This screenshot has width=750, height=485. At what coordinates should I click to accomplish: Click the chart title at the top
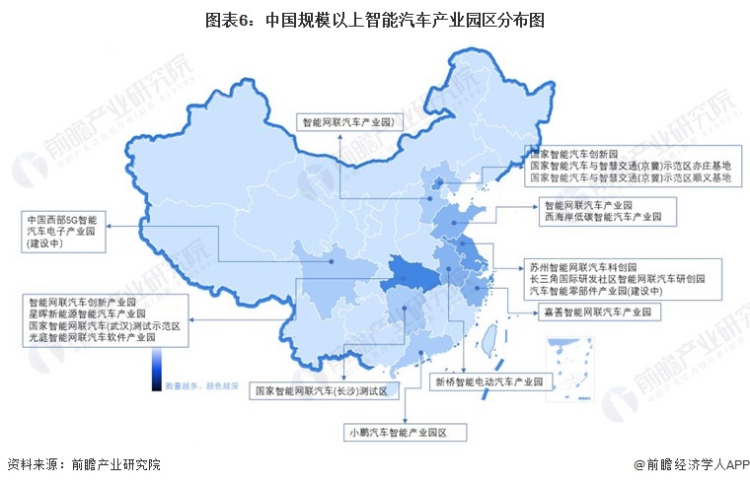click(x=375, y=19)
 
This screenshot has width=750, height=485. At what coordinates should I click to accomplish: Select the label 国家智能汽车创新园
click(x=572, y=155)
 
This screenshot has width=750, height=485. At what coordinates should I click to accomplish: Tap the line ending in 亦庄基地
click(x=631, y=167)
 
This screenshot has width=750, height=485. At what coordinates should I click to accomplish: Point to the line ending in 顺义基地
click(x=631, y=179)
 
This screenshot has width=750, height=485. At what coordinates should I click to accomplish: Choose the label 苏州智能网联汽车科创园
click(x=582, y=267)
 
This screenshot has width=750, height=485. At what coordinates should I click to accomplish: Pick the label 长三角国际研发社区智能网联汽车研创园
click(x=617, y=279)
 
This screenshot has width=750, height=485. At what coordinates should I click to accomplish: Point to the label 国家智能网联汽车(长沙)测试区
click(x=327, y=391)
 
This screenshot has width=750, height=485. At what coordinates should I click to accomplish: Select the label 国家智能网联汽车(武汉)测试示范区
click(x=104, y=324)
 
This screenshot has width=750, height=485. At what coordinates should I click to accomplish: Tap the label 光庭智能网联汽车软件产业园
click(x=92, y=337)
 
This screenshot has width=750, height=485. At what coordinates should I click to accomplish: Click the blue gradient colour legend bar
click(x=156, y=373)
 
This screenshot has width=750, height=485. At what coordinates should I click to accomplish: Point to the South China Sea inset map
click(x=570, y=365)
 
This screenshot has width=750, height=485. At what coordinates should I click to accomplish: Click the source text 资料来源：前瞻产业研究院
click(x=83, y=464)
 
